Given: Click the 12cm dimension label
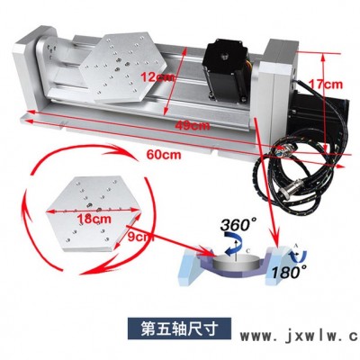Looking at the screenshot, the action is click(x=157, y=77).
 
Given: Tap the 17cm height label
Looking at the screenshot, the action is click(x=326, y=85).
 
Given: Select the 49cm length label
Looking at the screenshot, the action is click(x=193, y=125).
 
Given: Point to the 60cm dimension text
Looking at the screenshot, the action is click(x=164, y=155).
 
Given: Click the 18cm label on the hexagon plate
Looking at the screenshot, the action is click(x=94, y=219).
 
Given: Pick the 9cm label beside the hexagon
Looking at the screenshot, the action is click(x=140, y=237).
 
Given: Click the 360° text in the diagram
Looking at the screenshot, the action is click(x=238, y=224).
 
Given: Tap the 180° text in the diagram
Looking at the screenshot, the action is click(x=289, y=272).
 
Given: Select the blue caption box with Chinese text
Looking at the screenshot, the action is click(x=179, y=328).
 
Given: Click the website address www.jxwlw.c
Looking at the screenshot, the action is click(x=300, y=337).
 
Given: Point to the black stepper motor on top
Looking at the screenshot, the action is click(x=227, y=71).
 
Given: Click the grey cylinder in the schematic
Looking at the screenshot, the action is click(x=235, y=263).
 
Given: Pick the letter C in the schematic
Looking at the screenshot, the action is click(x=247, y=250).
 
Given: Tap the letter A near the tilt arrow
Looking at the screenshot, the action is click(x=295, y=246).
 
